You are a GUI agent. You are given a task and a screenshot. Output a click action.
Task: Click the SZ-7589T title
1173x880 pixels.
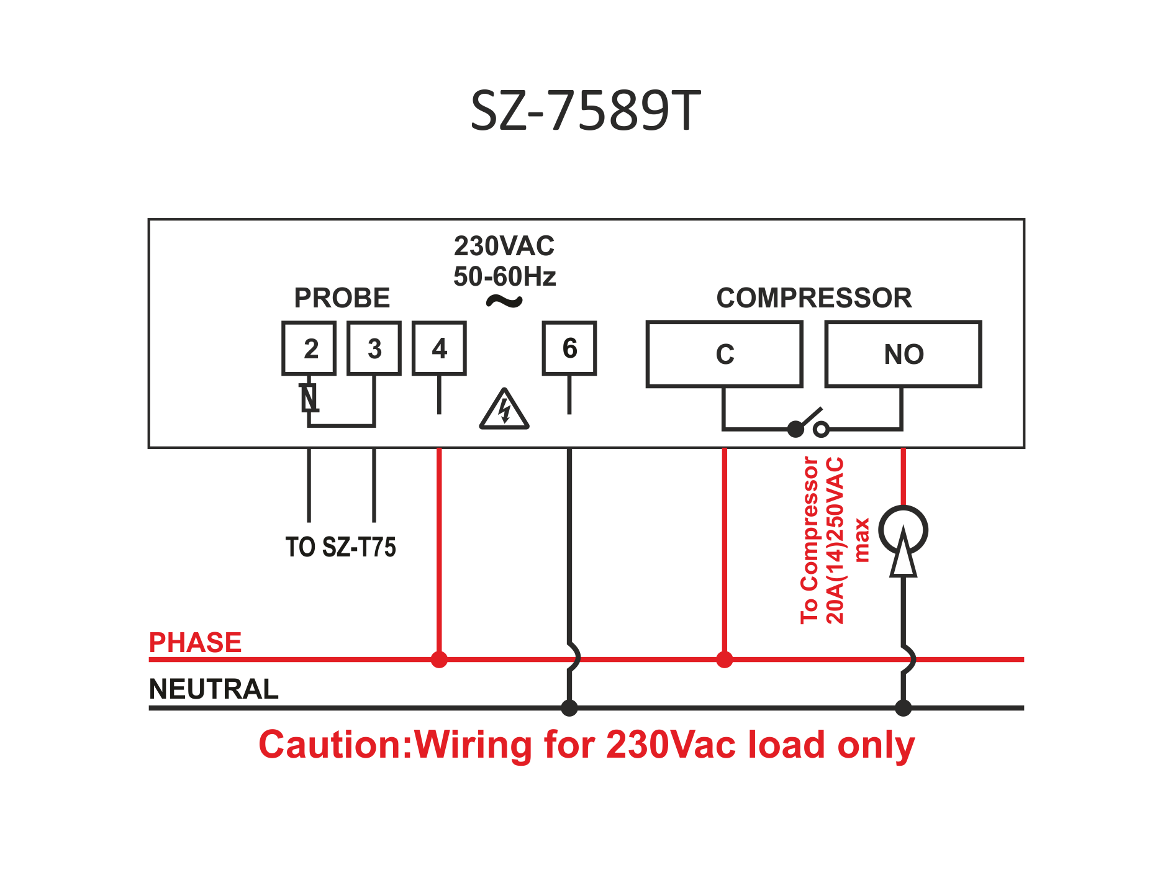585,111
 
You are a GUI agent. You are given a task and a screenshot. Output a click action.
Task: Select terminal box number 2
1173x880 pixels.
309,348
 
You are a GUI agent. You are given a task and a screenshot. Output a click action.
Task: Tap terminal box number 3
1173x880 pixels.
374,348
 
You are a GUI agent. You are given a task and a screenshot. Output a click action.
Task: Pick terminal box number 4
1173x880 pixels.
439,348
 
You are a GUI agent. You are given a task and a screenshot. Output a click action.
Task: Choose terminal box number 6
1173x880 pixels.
569,348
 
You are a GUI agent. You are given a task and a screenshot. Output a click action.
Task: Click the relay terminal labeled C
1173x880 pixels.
725,355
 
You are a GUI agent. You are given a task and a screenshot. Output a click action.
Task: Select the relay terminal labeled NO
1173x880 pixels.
903,355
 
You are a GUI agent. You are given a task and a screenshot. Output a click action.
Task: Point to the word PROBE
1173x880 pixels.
342,298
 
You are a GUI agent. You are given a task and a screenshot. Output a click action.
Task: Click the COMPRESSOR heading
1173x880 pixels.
814,298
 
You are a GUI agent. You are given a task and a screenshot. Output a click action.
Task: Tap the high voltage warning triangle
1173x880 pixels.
504,411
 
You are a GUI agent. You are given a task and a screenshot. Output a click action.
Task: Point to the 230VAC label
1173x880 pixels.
504,247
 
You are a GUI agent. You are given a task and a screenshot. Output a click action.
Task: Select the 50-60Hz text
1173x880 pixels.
504,276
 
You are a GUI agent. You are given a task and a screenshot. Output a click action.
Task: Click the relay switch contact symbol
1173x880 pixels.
808,424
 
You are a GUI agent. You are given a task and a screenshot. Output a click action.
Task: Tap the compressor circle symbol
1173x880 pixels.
903,531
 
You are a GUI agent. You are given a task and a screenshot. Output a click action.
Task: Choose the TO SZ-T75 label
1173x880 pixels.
340,547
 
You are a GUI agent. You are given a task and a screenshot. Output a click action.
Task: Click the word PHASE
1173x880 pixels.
195,642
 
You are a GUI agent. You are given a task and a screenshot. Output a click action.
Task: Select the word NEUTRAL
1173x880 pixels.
214,689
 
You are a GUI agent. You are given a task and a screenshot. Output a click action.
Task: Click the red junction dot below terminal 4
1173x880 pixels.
439,660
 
